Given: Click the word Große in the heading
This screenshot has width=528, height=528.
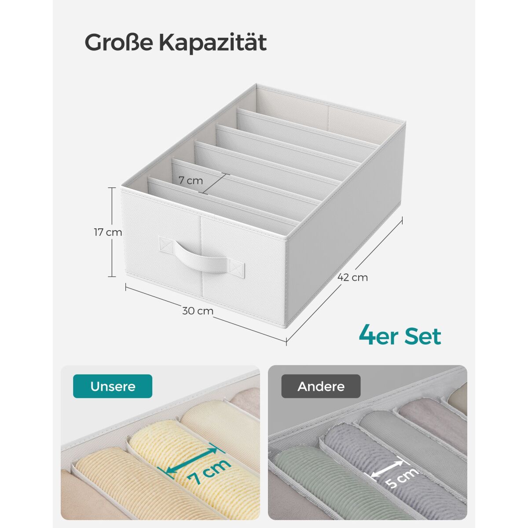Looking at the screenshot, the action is (118, 43).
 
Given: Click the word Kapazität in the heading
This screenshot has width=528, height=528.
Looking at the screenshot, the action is (213, 43).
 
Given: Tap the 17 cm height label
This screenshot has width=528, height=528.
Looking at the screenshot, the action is (108, 232).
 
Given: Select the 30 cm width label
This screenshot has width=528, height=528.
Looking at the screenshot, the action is (198, 311).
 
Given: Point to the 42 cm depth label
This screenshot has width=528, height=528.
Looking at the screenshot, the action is (352, 277).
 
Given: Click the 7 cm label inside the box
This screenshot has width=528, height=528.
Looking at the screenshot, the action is (191, 180).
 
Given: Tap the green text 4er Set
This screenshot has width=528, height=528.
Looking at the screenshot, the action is (400, 336).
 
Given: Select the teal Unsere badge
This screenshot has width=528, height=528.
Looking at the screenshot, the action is (112, 386).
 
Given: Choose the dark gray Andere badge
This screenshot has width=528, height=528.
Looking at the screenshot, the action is (321, 386).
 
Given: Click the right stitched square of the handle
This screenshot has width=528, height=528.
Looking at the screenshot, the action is (237, 267).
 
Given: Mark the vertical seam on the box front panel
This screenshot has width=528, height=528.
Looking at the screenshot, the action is (202, 256).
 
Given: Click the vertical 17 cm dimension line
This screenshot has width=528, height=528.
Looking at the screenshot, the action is (112, 232).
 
